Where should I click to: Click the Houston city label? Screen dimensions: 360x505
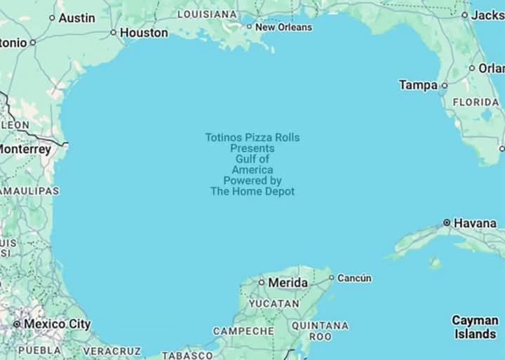point(144,32)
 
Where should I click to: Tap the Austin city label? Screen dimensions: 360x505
point(76,18)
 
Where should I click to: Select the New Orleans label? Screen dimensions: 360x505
point(283,27)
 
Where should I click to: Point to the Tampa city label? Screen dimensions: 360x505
point(418,85)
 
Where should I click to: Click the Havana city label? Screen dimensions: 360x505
point(475,223)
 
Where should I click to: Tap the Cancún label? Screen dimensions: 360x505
point(354,278)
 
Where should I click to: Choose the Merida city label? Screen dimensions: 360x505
point(288,282)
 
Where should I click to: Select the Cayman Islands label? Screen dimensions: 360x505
point(475,327)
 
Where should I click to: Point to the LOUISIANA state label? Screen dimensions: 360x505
point(207,14)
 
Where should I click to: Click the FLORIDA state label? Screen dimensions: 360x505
point(476,102)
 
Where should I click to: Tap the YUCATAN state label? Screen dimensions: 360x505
point(274,304)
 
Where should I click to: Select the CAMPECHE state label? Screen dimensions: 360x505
point(243,331)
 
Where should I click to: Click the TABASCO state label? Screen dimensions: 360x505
point(187,355)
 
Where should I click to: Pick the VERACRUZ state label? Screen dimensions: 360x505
point(112,350)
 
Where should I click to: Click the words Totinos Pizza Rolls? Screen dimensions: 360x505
point(252,138)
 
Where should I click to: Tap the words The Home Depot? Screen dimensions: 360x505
point(252,191)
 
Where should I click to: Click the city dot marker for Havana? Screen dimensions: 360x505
point(447,222)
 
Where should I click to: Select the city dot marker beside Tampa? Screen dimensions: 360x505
point(444,85)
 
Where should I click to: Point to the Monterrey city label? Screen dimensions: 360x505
point(25,149)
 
